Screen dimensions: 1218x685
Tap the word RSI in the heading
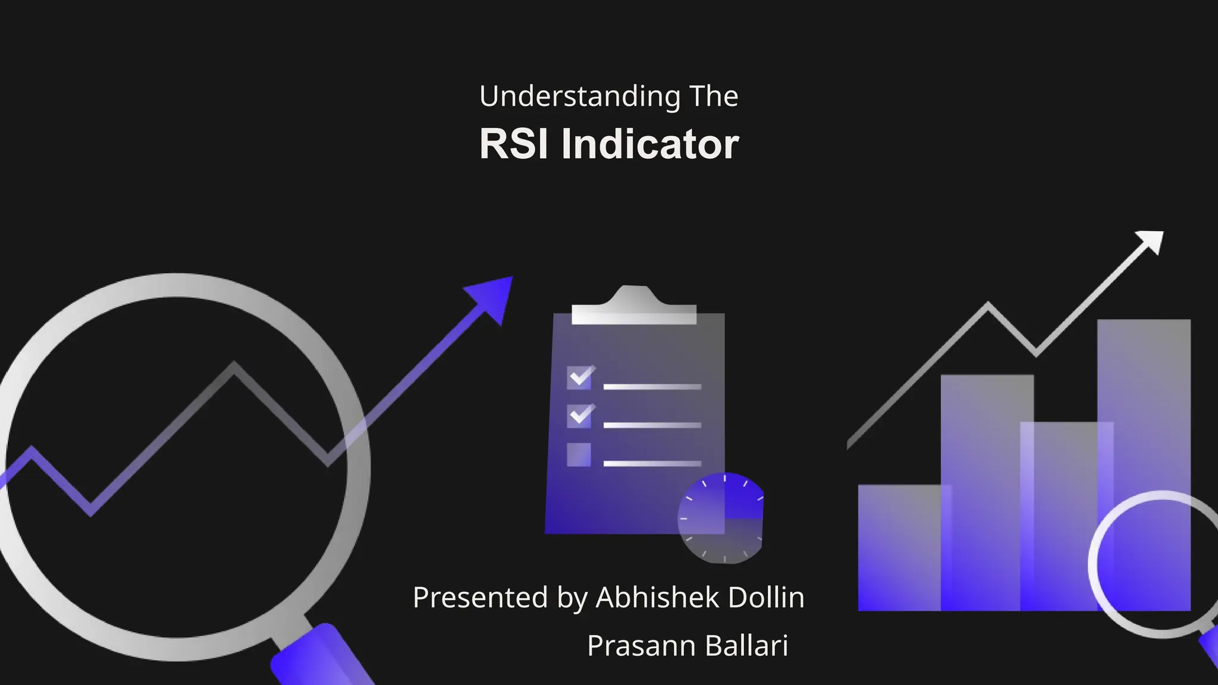(x=514, y=144)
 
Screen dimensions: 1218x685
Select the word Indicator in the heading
(x=650, y=144)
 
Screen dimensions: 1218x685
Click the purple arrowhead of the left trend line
(x=492, y=297)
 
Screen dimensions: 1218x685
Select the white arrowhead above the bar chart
(x=1151, y=241)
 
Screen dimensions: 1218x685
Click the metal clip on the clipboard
(x=634, y=306)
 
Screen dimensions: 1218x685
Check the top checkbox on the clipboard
(x=579, y=377)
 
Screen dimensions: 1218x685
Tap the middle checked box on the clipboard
(x=579, y=416)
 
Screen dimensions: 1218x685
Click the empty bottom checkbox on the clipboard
(x=579, y=455)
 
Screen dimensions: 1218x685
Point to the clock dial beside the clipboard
(x=721, y=518)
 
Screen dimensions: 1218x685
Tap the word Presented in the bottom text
(x=480, y=598)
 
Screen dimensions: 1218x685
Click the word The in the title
(x=714, y=97)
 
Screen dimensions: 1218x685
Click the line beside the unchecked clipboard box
(x=652, y=463)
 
